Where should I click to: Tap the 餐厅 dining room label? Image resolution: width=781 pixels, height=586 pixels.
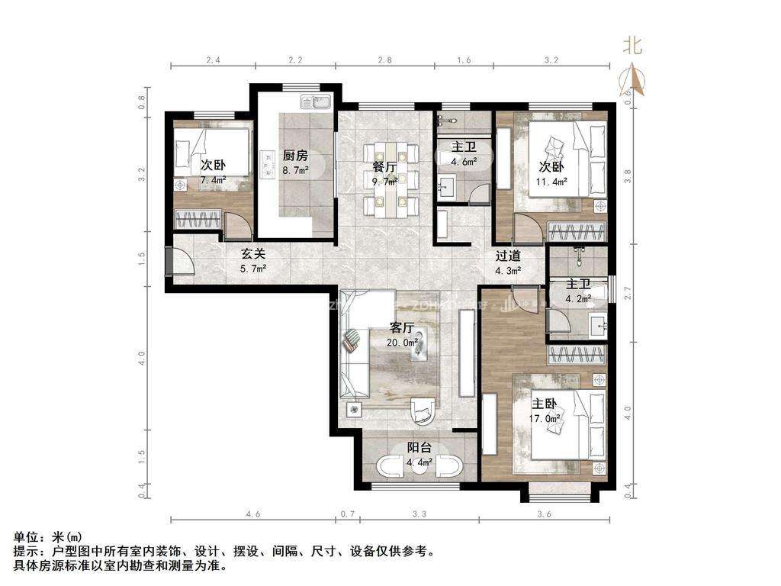pyautogui.click(x=384, y=167)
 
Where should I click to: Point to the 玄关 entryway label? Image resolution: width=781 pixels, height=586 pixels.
pyautogui.click(x=254, y=254)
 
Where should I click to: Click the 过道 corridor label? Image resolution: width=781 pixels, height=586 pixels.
pyautogui.click(x=507, y=256)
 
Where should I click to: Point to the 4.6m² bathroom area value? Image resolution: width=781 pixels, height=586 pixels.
pyautogui.click(x=464, y=162)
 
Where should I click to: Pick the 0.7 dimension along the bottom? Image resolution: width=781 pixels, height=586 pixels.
pyautogui.click(x=347, y=514)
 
